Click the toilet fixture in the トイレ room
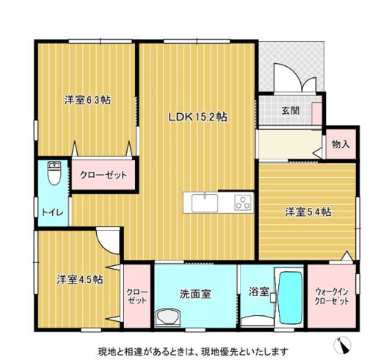[54, 173]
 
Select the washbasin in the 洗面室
[168, 317]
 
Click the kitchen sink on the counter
[205, 203]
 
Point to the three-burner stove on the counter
[243, 203]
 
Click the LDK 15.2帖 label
[197, 117]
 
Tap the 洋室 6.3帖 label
[87, 100]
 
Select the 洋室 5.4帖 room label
[308, 212]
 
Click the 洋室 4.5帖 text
[80, 279]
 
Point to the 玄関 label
[291, 111]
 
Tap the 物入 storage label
[341, 145]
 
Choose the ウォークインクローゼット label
[332, 296]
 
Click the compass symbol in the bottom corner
[342, 345]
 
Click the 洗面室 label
[195, 294]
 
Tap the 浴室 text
[258, 292]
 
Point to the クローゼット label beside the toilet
[103, 175]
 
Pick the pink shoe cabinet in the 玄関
[316, 114]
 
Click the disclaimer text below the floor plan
[193, 352]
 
